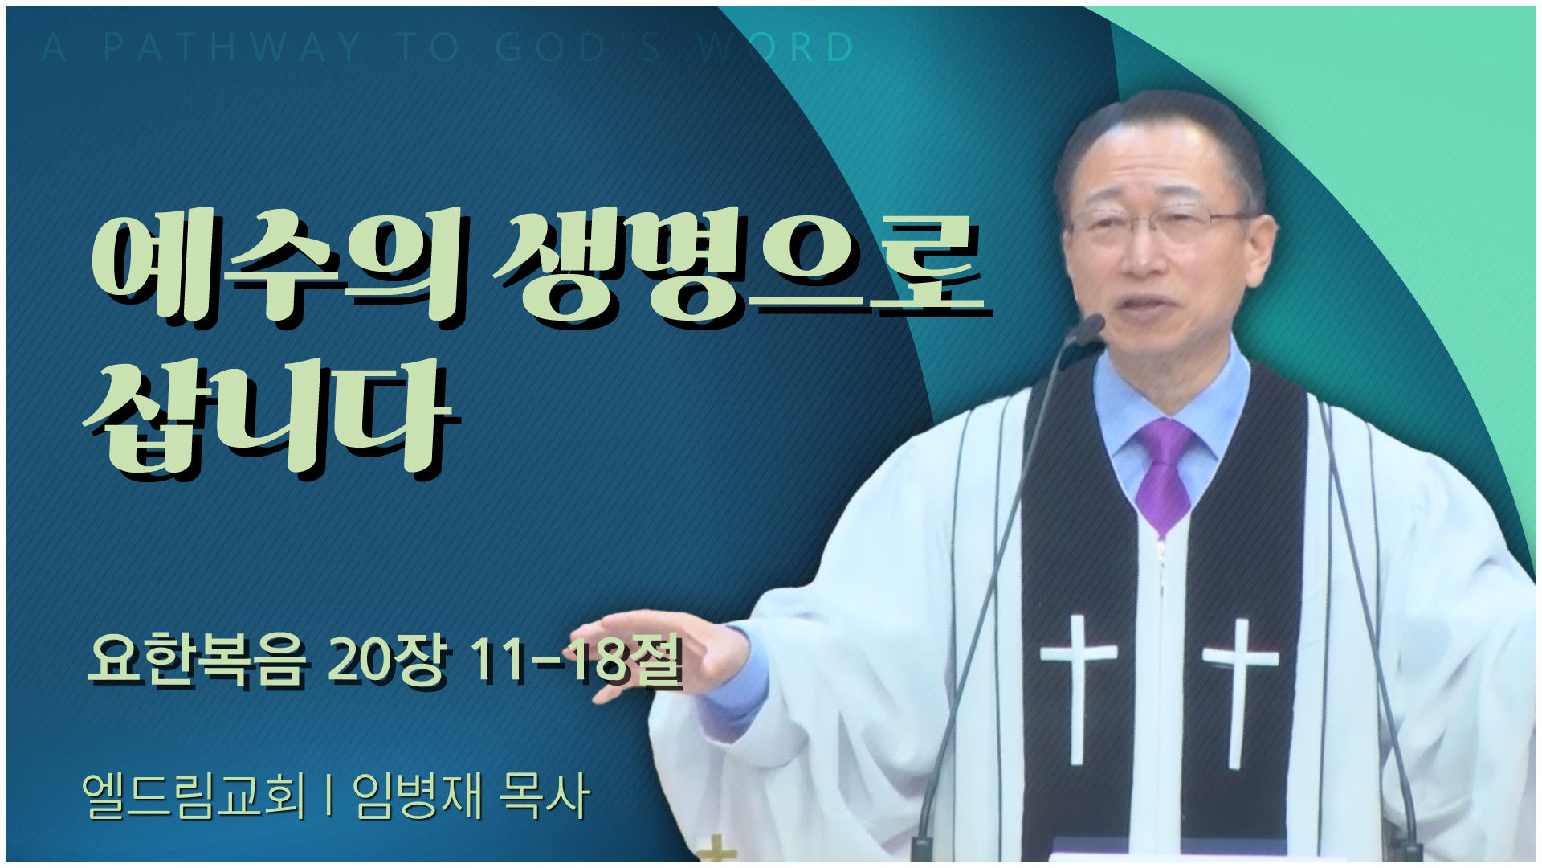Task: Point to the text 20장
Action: click(x=386, y=661)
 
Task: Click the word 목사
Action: click(x=545, y=796)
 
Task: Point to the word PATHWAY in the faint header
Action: click(x=232, y=47)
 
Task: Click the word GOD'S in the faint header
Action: click(x=578, y=47)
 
